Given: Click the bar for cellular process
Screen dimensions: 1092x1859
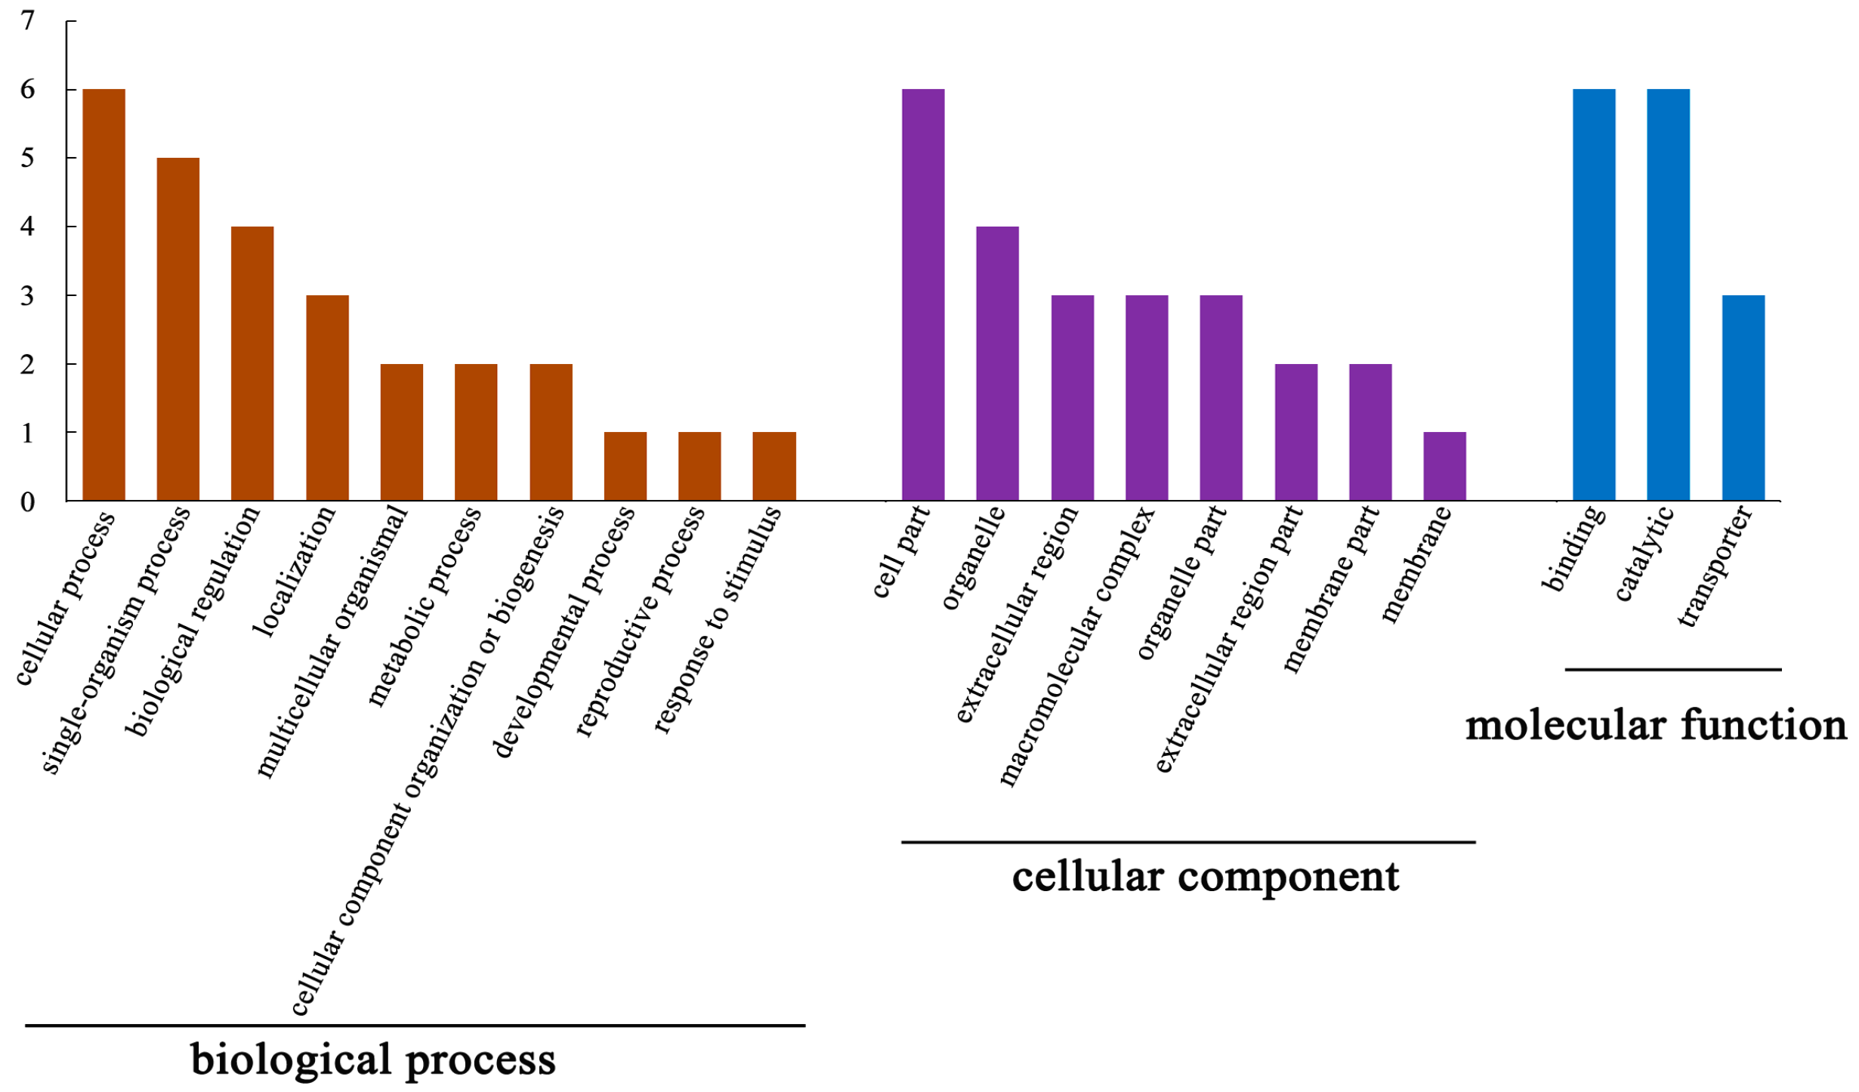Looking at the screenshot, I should pyautogui.click(x=103, y=295).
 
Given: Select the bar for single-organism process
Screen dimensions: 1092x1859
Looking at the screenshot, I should pyautogui.click(x=178, y=329).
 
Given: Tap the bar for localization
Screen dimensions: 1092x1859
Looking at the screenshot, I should pyautogui.click(x=327, y=398).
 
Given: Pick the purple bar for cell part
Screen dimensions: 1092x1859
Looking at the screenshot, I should pyautogui.click(x=923, y=295).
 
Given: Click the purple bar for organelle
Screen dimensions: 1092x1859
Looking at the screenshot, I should pyautogui.click(x=997, y=363).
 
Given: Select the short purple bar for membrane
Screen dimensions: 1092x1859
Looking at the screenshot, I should pyautogui.click(x=1444, y=466).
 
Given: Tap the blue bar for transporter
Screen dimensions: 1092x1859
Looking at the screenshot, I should pyautogui.click(x=1743, y=398).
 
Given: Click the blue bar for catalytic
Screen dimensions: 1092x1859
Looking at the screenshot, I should pyautogui.click(x=1668, y=295).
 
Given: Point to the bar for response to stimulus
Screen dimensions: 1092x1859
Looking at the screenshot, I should pyautogui.click(x=774, y=466).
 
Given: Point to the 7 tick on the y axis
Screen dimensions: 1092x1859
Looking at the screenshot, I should pyautogui.click(x=28, y=21).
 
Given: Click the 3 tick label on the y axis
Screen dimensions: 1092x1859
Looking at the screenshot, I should pyautogui.click(x=28, y=296).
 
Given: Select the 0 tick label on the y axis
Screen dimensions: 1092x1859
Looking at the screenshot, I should pyautogui.click(x=28, y=502).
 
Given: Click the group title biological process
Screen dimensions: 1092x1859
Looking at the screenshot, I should pyautogui.click(x=372, y=1060).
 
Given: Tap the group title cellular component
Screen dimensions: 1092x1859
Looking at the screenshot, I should pyautogui.click(x=1206, y=877).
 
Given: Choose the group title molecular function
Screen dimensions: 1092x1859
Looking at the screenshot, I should pyautogui.click(x=1656, y=726).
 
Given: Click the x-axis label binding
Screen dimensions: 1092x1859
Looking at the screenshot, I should pyautogui.click(x=1573, y=549).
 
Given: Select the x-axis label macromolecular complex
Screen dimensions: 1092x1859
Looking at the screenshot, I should pyautogui.click(x=1077, y=646).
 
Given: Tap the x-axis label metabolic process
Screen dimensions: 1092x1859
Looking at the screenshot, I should pyautogui.click(x=425, y=606).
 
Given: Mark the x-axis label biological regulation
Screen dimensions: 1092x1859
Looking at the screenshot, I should pyautogui.click(x=193, y=621).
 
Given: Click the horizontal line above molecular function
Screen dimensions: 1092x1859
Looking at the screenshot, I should pyautogui.click(x=1672, y=669).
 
